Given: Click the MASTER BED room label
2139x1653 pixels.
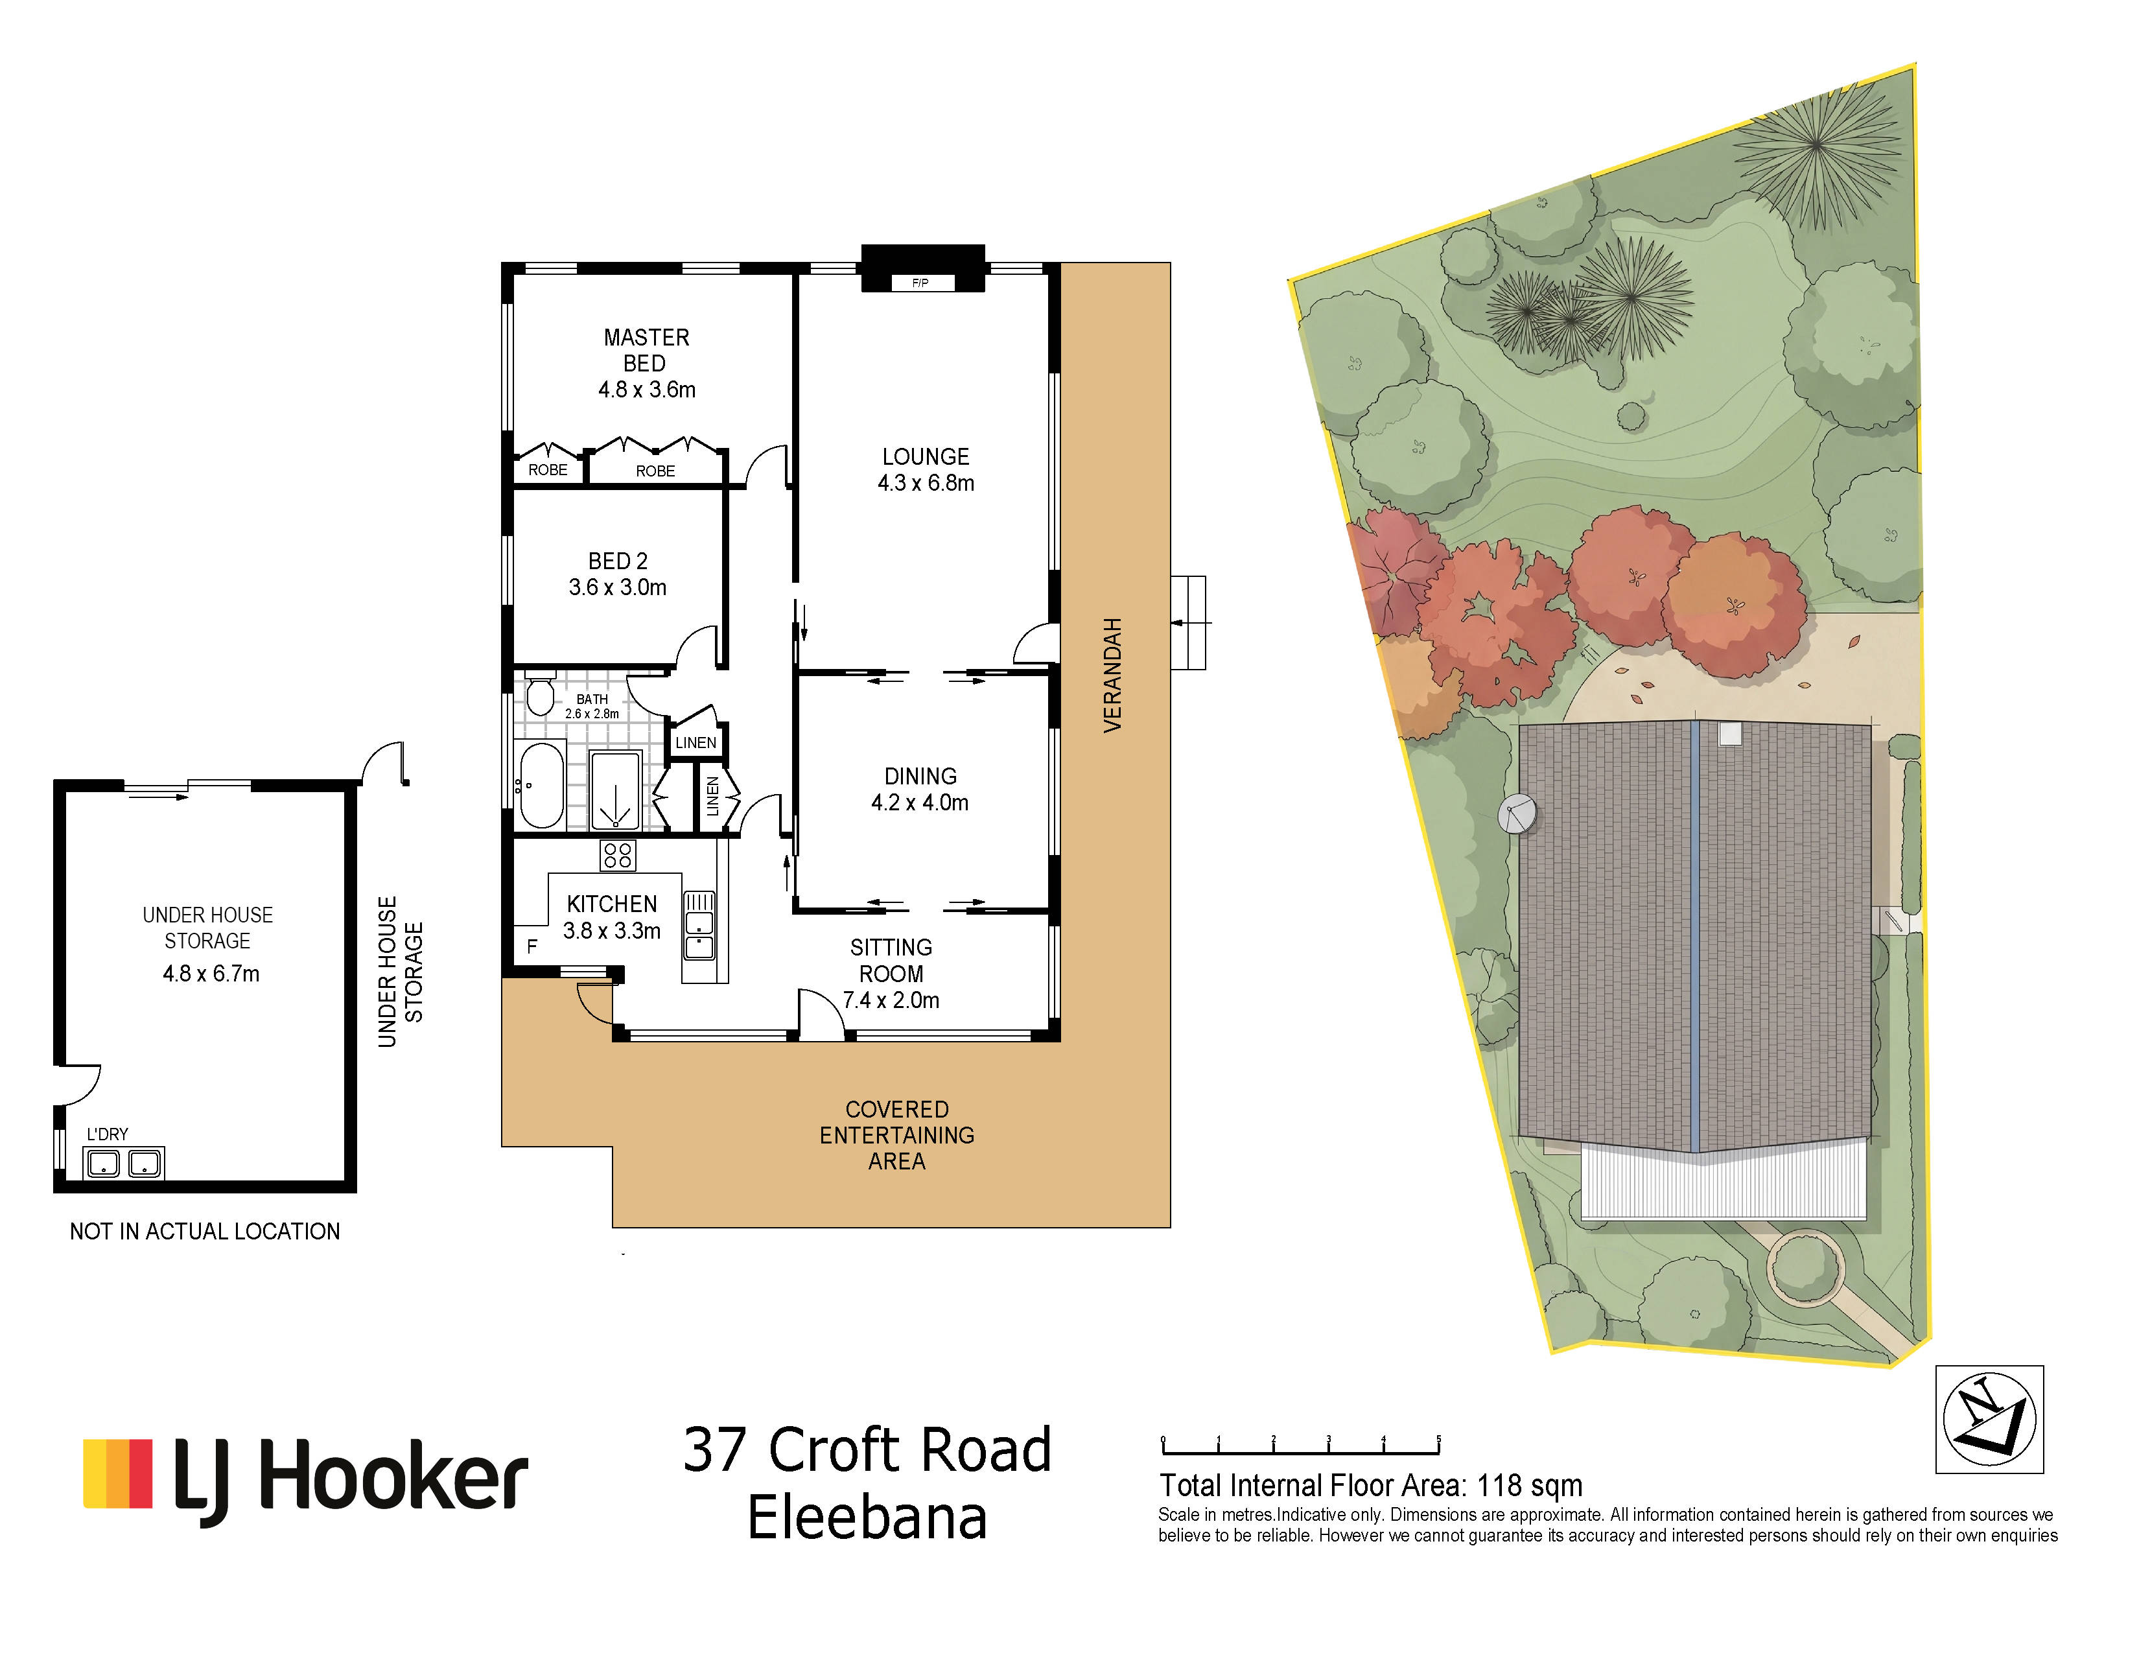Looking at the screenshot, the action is [x=646, y=351].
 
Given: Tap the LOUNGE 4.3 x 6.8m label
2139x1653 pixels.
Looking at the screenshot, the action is [x=926, y=470].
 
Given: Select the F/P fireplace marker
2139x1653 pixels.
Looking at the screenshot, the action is [x=920, y=283].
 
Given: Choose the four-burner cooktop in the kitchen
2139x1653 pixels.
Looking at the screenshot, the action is [x=618, y=855].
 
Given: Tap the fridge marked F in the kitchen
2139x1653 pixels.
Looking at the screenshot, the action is [x=532, y=946].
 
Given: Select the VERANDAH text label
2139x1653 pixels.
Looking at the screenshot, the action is [x=1112, y=675].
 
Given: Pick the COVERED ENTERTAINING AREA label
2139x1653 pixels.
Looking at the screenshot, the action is [x=897, y=1135].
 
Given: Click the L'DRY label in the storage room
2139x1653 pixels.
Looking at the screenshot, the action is [x=107, y=1134].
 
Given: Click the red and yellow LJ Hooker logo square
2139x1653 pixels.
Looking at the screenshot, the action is [x=117, y=1473].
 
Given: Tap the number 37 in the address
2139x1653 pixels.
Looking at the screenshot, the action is [x=714, y=1450].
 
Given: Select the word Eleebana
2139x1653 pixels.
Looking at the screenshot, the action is [x=867, y=1519].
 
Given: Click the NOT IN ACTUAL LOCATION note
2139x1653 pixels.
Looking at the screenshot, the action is [x=205, y=1231].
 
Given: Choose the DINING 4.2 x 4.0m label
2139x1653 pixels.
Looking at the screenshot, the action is [x=920, y=790].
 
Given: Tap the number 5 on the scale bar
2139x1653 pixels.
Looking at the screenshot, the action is [x=1439, y=1440].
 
